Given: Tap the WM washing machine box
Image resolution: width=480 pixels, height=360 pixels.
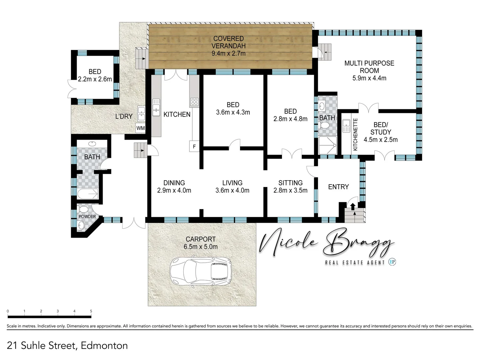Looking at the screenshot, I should click(x=140, y=128).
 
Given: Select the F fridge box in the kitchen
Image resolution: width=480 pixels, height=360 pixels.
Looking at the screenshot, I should click(x=194, y=147).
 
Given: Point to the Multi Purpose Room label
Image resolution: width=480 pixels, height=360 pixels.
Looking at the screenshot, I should click(x=369, y=67).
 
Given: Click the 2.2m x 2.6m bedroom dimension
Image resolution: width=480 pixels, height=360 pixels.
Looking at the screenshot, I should click(x=95, y=79).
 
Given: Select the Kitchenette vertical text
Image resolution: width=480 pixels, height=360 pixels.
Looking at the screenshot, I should click(x=355, y=134).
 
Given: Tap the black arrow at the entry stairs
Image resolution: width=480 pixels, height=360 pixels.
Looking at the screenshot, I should click(x=353, y=207).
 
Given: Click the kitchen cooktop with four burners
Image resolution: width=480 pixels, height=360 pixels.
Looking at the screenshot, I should click(x=194, y=102).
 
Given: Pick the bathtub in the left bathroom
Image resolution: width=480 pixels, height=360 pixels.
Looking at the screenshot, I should click(x=88, y=194).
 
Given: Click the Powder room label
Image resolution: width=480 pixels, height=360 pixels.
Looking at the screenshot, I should click(x=87, y=216).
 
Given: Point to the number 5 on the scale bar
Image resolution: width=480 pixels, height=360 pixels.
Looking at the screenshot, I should click(x=91, y=311).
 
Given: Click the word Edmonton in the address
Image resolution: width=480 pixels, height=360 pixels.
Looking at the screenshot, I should click(x=104, y=346).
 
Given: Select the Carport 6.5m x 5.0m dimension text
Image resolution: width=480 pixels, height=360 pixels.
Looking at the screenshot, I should click(x=201, y=247).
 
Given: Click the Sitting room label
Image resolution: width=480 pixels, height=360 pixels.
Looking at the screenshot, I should click(x=290, y=183).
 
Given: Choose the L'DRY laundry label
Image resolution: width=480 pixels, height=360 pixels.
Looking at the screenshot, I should click(x=124, y=116).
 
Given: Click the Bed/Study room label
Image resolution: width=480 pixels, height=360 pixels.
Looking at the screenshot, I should click(x=381, y=128).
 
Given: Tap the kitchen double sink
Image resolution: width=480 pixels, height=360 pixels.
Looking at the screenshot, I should click(x=156, y=107).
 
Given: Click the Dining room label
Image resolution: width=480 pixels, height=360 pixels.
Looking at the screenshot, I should click(x=174, y=183).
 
